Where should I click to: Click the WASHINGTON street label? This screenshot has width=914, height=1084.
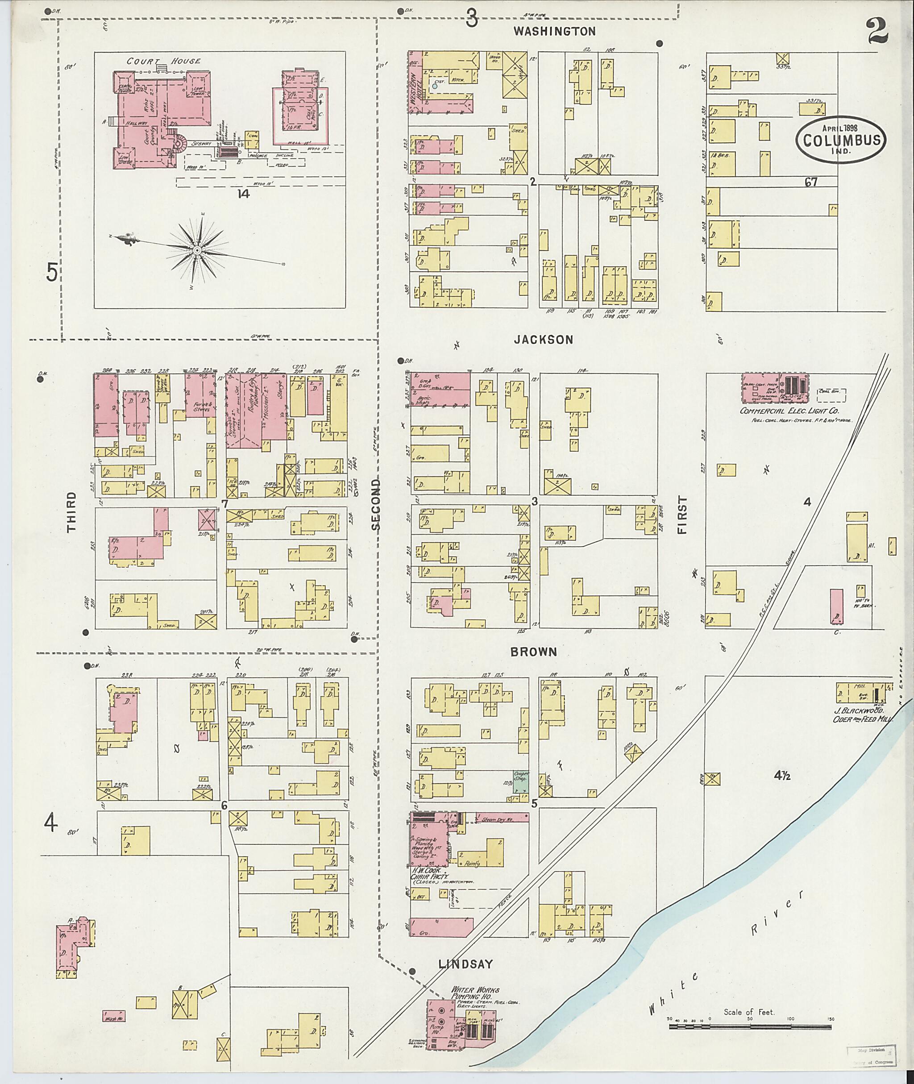554,32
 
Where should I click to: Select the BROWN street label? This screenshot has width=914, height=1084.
534,652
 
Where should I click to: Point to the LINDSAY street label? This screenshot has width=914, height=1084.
465,964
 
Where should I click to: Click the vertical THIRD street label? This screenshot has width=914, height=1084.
71,512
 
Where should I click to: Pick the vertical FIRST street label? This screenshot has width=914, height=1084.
682,515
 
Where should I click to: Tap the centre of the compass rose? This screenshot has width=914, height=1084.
197,250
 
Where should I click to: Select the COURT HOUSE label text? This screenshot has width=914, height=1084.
164,61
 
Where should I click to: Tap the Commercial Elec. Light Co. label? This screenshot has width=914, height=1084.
789,411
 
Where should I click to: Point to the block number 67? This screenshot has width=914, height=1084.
811,182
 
